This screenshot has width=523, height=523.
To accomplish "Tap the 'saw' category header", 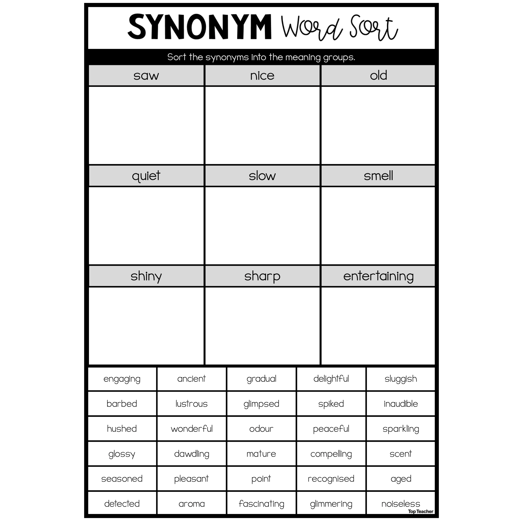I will click(146, 76).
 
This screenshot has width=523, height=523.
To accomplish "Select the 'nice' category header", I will click(262, 76).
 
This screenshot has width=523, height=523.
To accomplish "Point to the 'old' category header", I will click(378, 76).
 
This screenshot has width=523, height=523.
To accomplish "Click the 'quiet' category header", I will click(146, 176).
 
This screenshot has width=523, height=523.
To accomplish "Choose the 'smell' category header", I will click(378, 176).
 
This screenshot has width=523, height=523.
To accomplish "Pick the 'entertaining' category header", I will click(378, 276).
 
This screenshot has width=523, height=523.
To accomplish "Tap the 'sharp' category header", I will click(262, 276).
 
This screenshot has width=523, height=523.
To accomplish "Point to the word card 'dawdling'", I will click(192, 454).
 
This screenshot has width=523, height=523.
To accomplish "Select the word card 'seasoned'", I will click(122, 479).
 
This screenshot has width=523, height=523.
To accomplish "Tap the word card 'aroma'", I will click(192, 504).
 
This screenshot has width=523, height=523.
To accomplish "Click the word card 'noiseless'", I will click(401, 504).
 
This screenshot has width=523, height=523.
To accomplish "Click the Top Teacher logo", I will click(421, 511).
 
